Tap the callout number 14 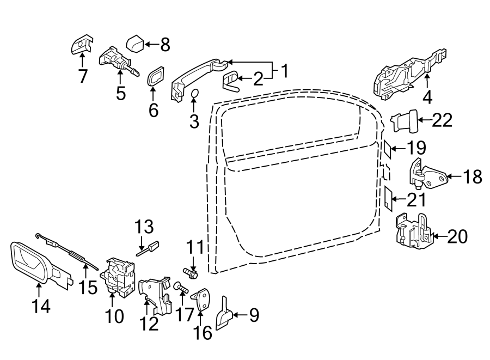tap(40, 306)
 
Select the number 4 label tap(427, 97)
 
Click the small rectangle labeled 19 tap(387, 148)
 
